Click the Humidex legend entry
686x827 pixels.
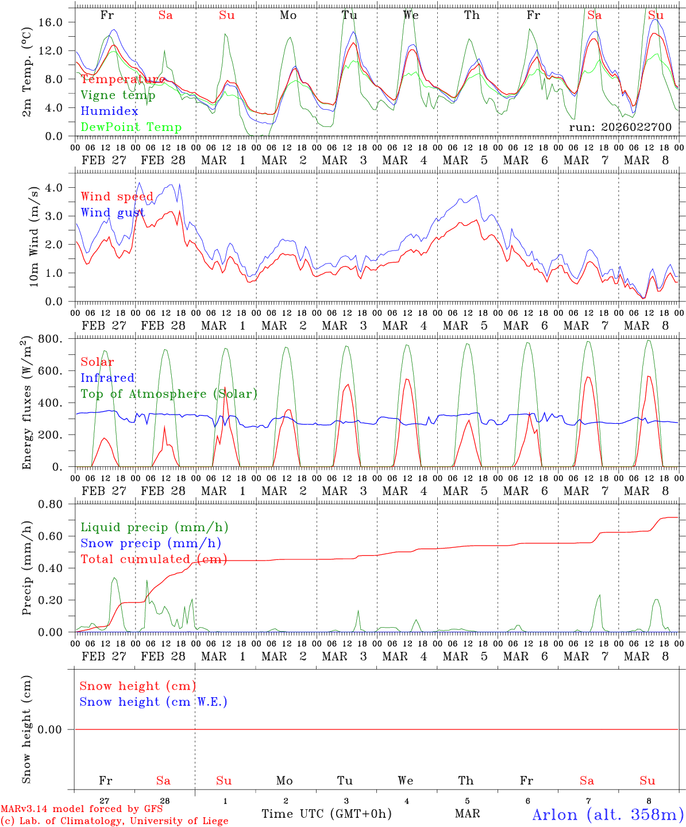[x=109, y=111]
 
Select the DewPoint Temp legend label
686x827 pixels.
[x=131, y=127]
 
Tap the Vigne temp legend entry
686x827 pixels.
[x=118, y=95]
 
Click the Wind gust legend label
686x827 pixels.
[x=113, y=213]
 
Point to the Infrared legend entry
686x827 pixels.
[x=107, y=378]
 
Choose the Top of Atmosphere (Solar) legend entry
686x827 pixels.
[x=169, y=394]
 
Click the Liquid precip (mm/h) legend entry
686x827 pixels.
[x=155, y=527]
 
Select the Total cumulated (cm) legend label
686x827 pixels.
[x=153, y=559]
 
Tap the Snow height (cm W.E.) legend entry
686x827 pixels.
[x=153, y=702]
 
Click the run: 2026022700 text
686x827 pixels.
[x=620, y=127]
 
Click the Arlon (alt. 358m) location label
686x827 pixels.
[x=608, y=814]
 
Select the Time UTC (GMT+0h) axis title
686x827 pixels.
[x=326, y=814]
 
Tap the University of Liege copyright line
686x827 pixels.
[x=115, y=821]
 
